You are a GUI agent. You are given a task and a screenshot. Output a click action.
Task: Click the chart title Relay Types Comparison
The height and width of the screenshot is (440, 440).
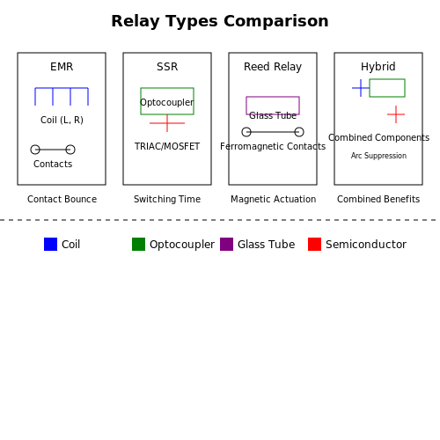click(x=220, y=21)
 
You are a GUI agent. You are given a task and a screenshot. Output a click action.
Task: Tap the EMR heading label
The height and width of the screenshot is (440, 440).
click(x=62, y=67)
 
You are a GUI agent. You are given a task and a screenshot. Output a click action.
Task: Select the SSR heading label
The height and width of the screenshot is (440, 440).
click(x=167, y=67)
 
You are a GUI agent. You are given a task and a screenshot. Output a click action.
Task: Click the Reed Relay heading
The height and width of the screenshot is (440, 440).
click(x=273, y=67)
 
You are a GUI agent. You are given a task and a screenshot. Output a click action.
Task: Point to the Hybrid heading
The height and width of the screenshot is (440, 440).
click(x=378, y=67)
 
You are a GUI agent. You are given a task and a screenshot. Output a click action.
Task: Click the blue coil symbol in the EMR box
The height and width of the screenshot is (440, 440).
click(x=62, y=88)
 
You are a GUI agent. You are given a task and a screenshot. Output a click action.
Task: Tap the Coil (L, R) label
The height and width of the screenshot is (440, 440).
click(x=62, y=120)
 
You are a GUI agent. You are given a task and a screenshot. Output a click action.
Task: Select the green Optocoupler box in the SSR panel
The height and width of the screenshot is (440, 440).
click(x=167, y=89)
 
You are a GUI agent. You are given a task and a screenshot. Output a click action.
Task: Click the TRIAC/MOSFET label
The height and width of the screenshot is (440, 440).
click(x=167, y=146)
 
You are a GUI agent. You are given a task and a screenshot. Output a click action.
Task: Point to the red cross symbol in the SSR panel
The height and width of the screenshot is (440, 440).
click(x=167, y=123)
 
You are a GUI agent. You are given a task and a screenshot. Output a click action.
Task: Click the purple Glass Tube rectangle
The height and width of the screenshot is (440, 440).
click(x=273, y=97)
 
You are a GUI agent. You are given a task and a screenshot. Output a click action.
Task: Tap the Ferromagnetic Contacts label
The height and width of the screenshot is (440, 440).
click(x=273, y=146)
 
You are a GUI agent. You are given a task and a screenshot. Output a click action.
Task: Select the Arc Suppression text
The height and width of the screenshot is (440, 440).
click(x=378, y=156)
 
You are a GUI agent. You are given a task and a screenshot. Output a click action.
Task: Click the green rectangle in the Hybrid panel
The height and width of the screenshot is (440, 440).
click(x=387, y=79)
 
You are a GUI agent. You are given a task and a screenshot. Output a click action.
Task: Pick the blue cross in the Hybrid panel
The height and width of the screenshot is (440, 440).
click(x=361, y=88)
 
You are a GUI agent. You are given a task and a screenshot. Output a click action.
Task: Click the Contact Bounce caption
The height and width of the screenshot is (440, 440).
click(x=62, y=199)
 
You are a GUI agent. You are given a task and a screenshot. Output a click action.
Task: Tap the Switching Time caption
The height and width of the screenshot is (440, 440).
click(x=167, y=199)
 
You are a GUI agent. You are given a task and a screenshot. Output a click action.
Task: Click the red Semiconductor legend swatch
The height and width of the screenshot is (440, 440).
click(x=314, y=244)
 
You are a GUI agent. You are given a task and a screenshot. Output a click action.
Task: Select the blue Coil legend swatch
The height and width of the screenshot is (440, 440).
click(x=50, y=244)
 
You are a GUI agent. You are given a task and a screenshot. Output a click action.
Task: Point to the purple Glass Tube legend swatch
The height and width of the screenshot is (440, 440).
click(x=226, y=244)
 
